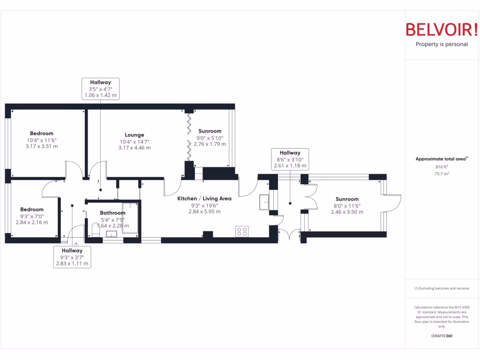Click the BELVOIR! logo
pos(442,29)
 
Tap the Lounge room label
pos(135,135)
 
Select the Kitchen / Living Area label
pos(204,198)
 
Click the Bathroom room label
pos(112,213)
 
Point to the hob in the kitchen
pos(242,231)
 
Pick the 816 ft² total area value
pos(442,167)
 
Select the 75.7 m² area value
pos(442,173)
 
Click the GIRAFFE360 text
pos(442,336)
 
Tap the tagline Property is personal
pos(442,45)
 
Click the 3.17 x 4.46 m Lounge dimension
pos(135,148)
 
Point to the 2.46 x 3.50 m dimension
pos(347,212)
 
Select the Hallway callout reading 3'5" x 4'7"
pos(100,89)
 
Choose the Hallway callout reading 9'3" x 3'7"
pos(71,257)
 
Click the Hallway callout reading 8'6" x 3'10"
pos(290,159)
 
